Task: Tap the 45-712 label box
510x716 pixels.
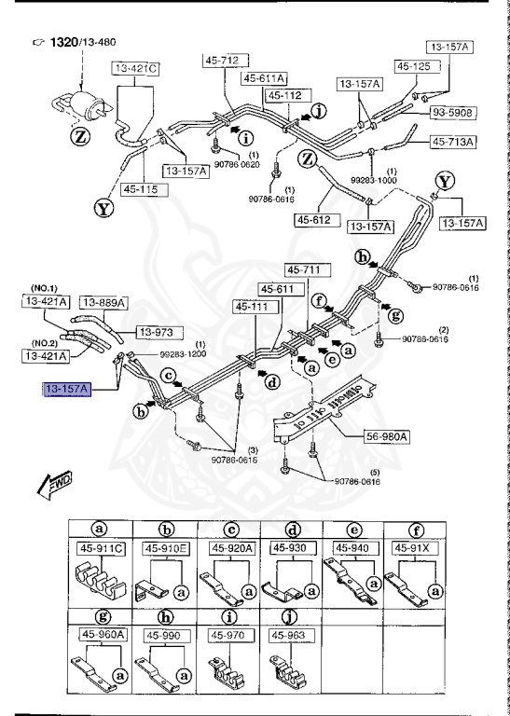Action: point(222,62)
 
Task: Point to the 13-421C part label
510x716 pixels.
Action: point(136,69)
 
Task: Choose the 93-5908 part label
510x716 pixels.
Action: point(452,113)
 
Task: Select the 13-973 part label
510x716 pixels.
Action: point(160,332)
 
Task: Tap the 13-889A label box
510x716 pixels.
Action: point(103,301)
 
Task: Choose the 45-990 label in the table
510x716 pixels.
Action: point(164,634)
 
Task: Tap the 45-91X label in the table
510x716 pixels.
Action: point(415,547)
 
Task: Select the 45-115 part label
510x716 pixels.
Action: point(135,189)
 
